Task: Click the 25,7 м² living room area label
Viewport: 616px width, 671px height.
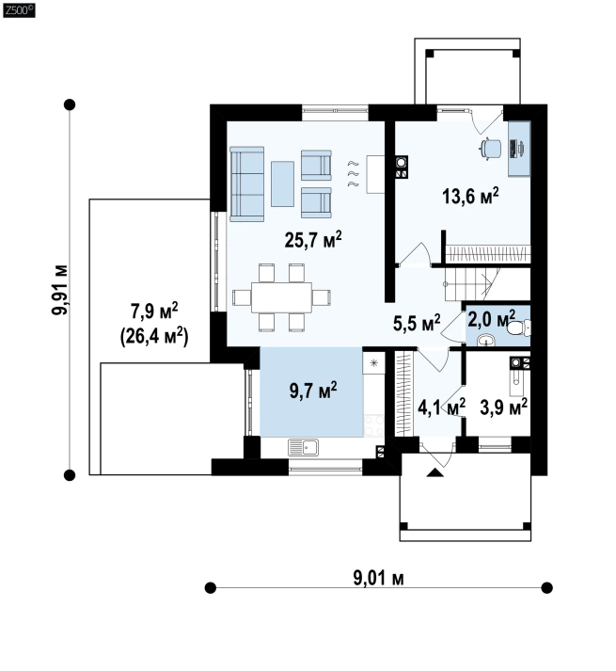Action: [x=313, y=240]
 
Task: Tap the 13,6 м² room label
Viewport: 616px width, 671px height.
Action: [x=470, y=197]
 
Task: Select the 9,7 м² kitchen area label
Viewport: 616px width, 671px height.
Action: [x=313, y=391]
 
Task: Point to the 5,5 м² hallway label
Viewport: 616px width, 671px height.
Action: [x=417, y=323]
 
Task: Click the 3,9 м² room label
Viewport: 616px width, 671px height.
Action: [x=503, y=407]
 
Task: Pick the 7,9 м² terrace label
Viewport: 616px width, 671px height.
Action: [x=154, y=312]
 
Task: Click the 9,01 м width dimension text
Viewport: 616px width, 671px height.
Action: [x=379, y=578]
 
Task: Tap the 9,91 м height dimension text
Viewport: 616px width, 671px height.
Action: [x=59, y=290]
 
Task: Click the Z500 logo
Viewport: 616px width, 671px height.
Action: [x=19, y=10]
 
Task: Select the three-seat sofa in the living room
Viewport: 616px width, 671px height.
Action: [x=246, y=184]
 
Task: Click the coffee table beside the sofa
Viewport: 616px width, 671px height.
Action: [x=282, y=184]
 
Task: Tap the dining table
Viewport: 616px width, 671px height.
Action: [x=282, y=297]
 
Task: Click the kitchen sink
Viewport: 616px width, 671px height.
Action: [x=303, y=447]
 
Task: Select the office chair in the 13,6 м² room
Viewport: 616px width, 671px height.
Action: [x=491, y=149]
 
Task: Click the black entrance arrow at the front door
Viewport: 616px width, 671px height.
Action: [x=435, y=472]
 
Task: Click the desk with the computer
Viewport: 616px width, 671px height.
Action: [x=519, y=149]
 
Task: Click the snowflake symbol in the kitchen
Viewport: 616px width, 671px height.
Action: [x=374, y=363]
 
